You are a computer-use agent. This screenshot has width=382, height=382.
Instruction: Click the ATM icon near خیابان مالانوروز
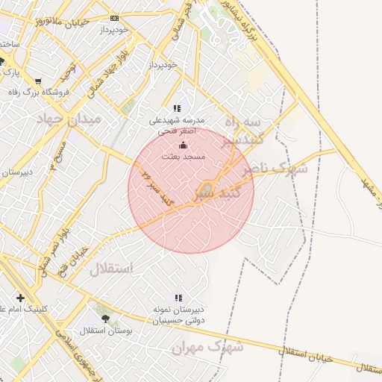[114, 18]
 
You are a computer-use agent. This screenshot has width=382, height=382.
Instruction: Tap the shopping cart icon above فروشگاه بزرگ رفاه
[38, 81]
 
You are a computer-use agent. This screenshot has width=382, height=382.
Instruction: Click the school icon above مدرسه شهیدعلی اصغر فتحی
[177, 109]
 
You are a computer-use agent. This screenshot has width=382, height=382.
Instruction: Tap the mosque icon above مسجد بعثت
[184, 145]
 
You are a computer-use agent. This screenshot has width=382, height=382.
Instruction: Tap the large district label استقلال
[111, 269]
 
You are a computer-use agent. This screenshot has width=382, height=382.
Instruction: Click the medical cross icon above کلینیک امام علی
[20, 298]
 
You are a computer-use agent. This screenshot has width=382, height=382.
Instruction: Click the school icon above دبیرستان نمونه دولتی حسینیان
[178, 298]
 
